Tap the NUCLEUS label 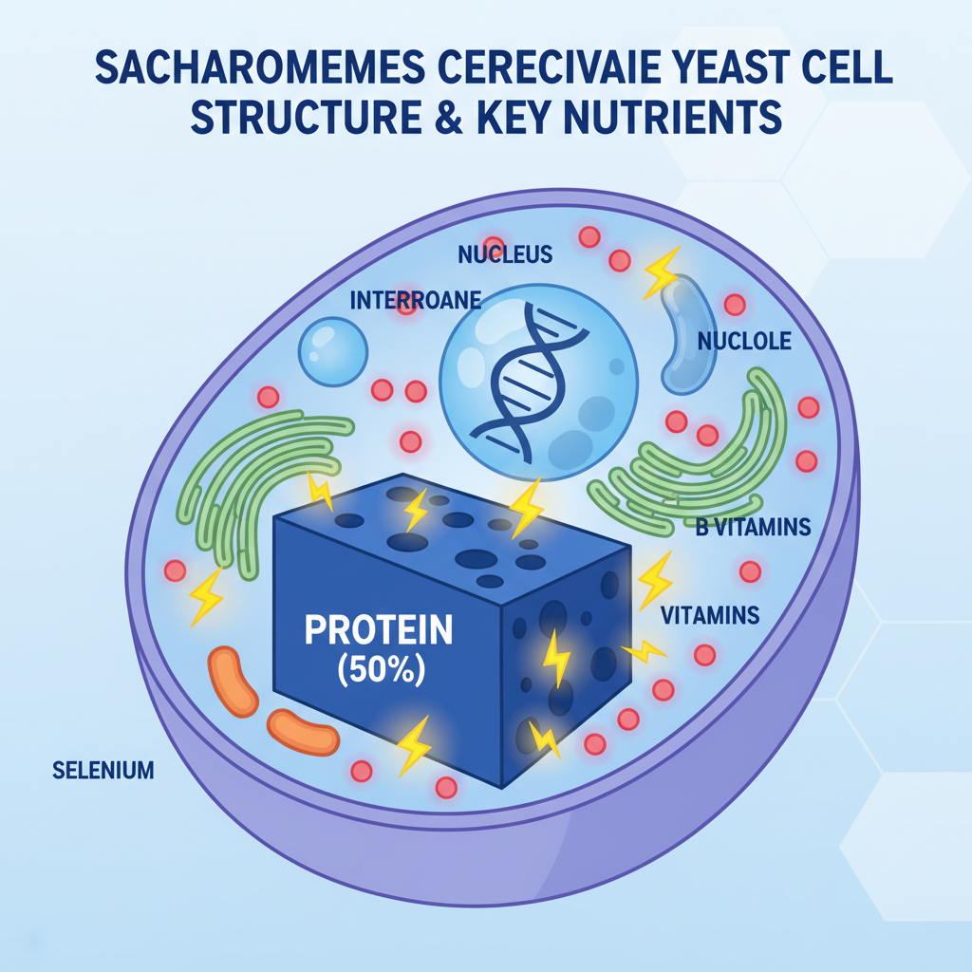(504, 255)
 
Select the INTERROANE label (416, 301)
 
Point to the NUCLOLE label (743, 341)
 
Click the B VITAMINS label (753, 528)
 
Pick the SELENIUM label (103, 770)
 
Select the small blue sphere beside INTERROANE (332, 351)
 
